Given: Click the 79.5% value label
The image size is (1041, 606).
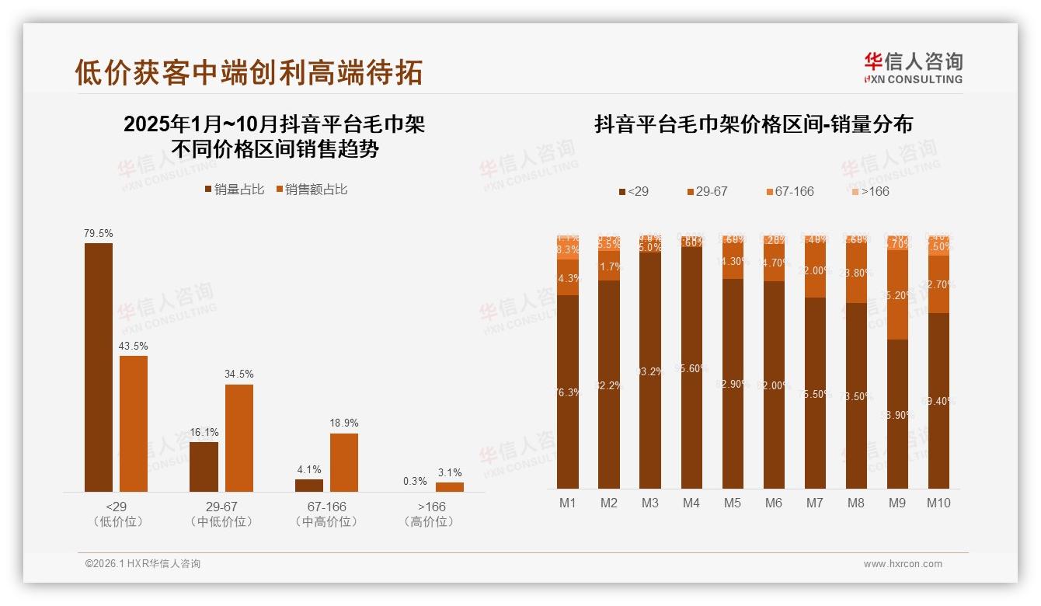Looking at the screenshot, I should click(x=99, y=233).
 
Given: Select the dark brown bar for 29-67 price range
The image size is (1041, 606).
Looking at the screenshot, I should click(x=204, y=466).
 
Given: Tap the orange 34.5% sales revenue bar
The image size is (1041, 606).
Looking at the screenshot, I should click(x=239, y=437).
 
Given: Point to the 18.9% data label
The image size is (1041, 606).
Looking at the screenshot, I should click(x=344, y=423).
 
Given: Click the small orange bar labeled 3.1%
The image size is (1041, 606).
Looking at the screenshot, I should click(x=449, y=487).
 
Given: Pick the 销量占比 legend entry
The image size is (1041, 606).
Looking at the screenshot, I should click(x=235, y=190).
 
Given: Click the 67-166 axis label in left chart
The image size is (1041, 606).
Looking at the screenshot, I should click(x=326, y=507).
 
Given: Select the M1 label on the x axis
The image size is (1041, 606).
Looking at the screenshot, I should click(x=568, y=503).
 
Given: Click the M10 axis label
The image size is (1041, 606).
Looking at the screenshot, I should click(x=938, y=503).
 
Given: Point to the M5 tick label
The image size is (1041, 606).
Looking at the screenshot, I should click(x=733, y=503).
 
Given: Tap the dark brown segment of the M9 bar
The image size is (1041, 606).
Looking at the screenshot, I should click(x=897, y=413).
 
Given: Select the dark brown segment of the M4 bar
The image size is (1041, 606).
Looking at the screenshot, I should click(x=691, y=367).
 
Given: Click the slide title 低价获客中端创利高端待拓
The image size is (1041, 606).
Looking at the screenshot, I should click(x=249, y=72).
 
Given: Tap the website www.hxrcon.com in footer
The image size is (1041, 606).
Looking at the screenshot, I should click(x=903, y=564).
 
